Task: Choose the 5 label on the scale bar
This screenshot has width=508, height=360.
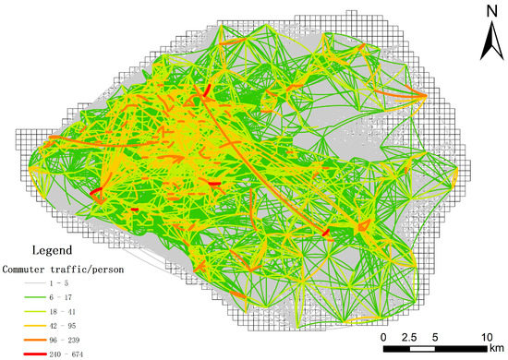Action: (x=434, y=336)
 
